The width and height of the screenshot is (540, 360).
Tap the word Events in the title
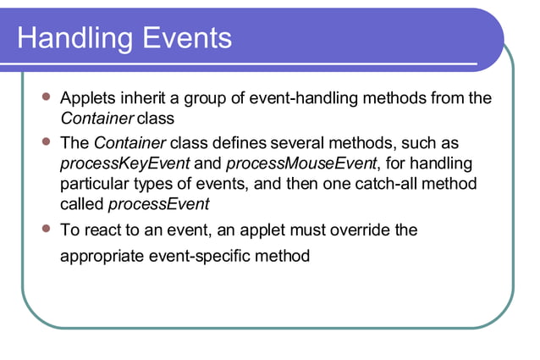coord(181,38)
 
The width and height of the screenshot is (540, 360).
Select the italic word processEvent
coord(159,204)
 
